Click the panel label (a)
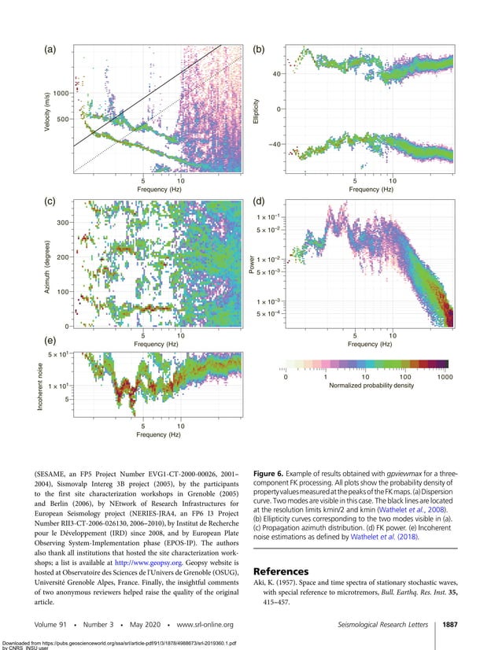coord(50,50)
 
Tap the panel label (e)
coord(50,341)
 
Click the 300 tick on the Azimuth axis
coord(61,223)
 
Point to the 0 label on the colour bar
coord(286,378)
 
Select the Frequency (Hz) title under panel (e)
coord(158,434)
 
